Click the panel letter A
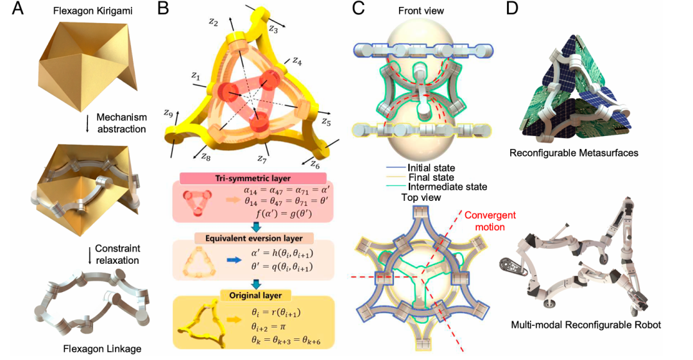17,9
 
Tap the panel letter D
511,9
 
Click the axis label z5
326,121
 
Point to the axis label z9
168,114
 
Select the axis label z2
214,22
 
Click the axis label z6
314,164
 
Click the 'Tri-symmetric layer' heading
253,178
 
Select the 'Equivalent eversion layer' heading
253,238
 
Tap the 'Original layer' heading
255,295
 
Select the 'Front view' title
421,11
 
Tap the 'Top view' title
421,197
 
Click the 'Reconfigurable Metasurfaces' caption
574,153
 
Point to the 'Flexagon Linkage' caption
102,349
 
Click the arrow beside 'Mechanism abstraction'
87,123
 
